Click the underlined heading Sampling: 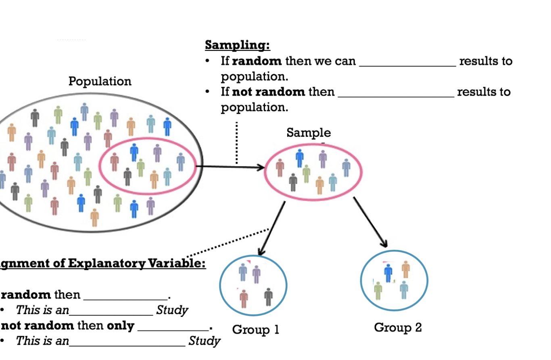click(238, 45)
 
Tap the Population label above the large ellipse click(100, 81)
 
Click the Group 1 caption click(255, 330)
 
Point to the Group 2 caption click(398, 327)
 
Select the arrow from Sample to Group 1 click(272, 228)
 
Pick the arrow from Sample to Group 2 click(370, 222)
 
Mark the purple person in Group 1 click(257, 274)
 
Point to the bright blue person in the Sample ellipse click(299, 158)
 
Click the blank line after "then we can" click(407, 65)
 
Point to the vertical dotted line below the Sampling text click(236, 143)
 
